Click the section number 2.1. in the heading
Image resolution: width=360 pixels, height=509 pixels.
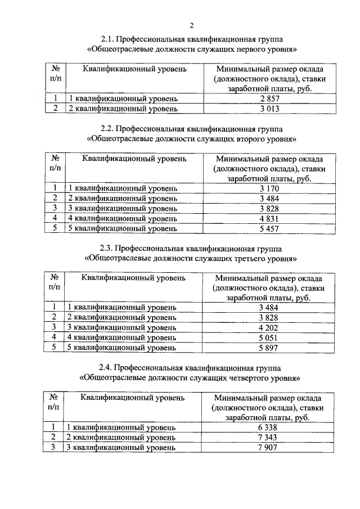pos(109,39)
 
